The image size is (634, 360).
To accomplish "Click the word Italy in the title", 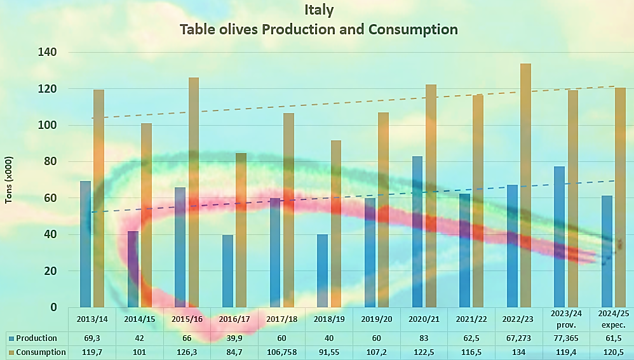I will (318, 10).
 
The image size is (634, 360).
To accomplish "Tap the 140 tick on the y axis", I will (48, 52).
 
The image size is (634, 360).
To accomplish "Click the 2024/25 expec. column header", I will (614, 319).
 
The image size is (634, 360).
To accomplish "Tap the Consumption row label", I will (40, 352).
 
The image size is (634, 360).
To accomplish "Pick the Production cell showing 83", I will (424, 338).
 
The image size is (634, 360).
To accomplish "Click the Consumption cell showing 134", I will (519, 352).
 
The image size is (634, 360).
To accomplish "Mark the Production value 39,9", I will (234, 338).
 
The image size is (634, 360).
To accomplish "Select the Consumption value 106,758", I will (282, 352).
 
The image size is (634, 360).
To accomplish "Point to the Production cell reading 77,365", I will (567, 338).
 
